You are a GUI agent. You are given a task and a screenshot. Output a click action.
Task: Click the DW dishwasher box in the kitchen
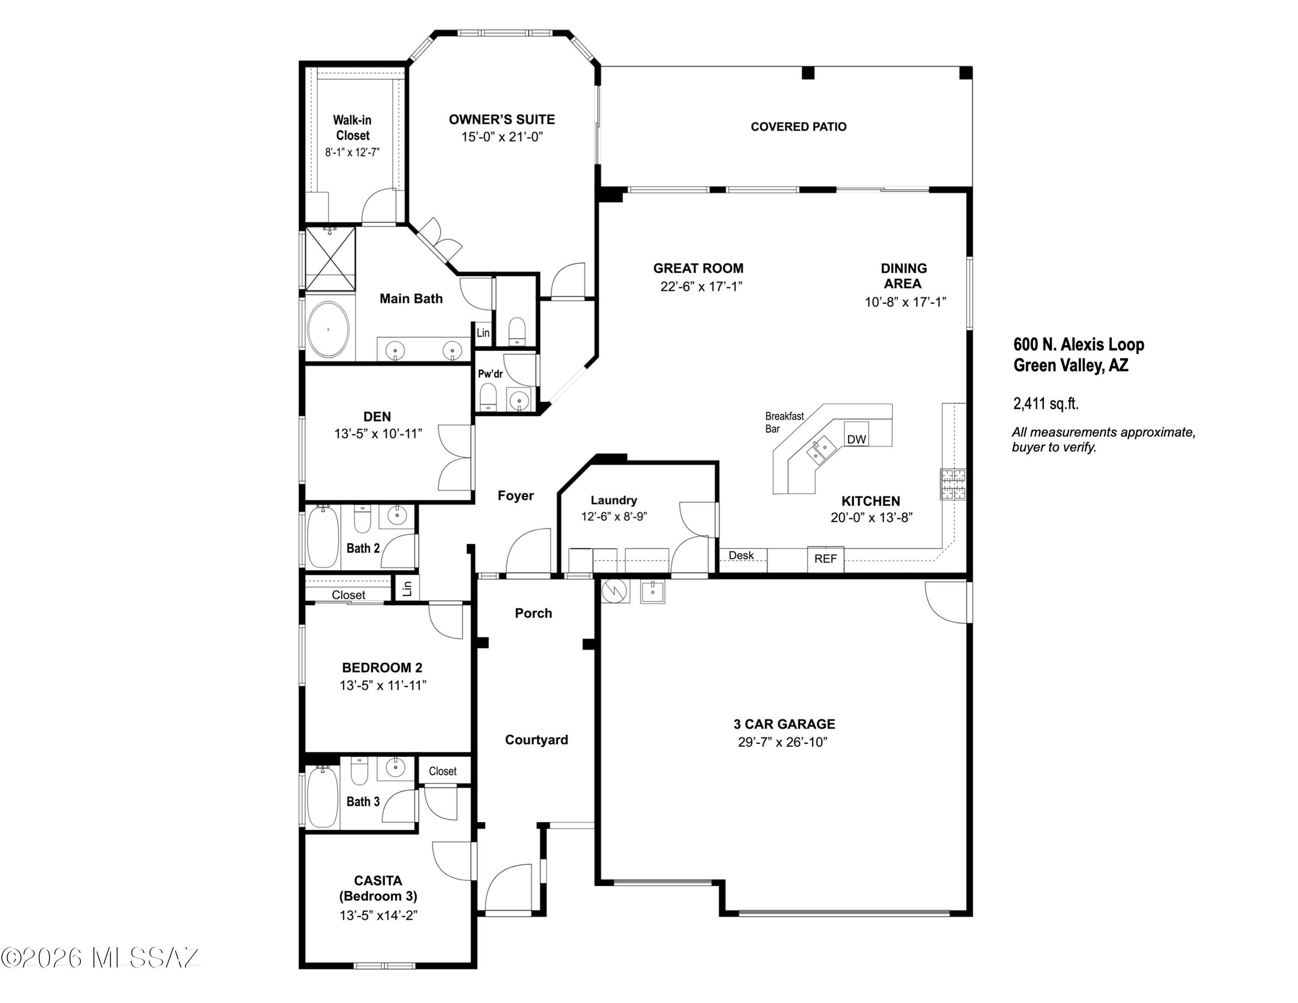coord(856,434)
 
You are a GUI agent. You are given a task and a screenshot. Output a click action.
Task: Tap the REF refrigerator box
coord(826,559)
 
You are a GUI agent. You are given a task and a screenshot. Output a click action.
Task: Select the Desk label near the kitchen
coord(741,555)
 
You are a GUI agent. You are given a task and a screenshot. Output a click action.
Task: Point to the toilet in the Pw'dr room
coord(488,397)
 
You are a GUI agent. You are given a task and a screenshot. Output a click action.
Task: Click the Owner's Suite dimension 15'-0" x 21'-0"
coord(502,137)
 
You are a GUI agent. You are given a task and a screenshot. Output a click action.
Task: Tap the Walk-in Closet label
coord(353,128)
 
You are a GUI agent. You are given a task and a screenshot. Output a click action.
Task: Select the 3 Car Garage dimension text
coord(783,742)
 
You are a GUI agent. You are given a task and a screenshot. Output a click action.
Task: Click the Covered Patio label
coord(799,126)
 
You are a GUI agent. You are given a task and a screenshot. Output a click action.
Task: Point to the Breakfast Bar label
coord(784,422)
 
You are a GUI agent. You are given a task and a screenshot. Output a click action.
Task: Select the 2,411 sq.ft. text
coord(1046,404)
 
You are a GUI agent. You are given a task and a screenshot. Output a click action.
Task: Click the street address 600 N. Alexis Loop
coord(1079,344)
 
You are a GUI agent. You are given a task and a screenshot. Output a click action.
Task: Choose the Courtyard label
coord(537,740)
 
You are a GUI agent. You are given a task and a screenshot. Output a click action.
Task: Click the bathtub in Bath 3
coord(323,797)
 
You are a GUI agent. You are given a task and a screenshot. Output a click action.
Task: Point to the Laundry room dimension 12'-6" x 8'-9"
coord(614,517)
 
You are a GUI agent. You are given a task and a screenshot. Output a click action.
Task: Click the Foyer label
coord(515,495)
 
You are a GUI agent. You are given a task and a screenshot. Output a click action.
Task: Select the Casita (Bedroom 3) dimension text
coord(379,915)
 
